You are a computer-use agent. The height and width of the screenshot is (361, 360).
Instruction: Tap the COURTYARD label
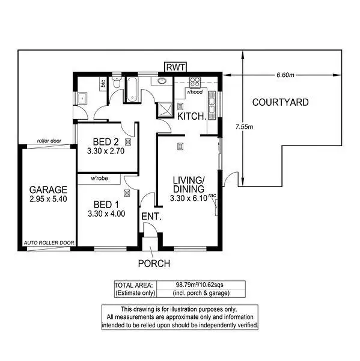tap(280, 102)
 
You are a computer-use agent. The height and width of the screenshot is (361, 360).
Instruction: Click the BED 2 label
tap(106, 142)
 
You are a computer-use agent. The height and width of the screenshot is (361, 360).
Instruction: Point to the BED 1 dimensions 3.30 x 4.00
tap(106, 213)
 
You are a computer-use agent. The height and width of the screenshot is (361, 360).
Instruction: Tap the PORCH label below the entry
tap(154, 263)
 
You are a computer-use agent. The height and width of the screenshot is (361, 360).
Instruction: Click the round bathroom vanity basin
tap(162, 81)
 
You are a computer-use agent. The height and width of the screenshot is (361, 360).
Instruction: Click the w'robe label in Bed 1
tap(99, 179)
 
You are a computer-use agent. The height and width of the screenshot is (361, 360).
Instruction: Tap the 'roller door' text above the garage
tap(49, 141)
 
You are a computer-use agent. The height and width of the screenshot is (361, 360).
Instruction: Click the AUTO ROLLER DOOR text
tap(49, 244)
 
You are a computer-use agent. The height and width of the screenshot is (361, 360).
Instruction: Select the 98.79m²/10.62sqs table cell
tap(200, 285)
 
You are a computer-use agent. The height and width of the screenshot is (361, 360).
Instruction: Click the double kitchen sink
tap(212, 98)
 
